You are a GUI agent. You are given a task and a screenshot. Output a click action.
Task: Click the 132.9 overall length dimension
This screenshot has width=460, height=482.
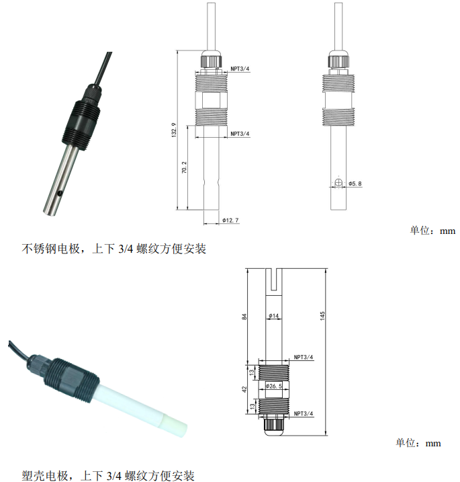pyautogui.click(x=174, y=130)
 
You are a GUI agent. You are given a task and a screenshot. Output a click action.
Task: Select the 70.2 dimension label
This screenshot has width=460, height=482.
pyautogui.click(x=184, y=167)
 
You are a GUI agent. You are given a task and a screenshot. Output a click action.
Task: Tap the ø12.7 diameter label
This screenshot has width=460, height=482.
pyautogui.click(x=230, y=220)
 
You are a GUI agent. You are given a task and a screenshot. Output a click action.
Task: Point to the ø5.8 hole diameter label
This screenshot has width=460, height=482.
pyautogui.click(x=355, y=184)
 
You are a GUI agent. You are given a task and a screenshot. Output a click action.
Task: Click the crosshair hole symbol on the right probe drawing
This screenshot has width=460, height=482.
pyautogui.click(x=338, y=183)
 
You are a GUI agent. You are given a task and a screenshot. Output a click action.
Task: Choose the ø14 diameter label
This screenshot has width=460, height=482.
pyautogui.click(x=273, y=316)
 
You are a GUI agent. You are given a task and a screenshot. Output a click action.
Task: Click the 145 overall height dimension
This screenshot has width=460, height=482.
pyautogui.click(x=322, y=316)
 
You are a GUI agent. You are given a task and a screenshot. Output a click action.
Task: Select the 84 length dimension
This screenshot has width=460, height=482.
pyautogui.click(x=244, y=317)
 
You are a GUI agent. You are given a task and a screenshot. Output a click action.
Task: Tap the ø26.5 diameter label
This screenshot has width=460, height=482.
pyautogui.click(x=273, y=386)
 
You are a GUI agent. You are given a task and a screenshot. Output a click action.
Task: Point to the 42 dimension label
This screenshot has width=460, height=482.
pyautogui.click(x=244, y=389)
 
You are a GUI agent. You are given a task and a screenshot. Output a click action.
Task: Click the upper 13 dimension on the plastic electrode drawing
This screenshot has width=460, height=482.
pyautogui.click(x=252, y=372)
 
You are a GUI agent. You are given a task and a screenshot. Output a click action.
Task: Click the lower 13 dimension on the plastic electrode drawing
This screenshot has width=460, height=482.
pyautogui.click(x=252, y=406)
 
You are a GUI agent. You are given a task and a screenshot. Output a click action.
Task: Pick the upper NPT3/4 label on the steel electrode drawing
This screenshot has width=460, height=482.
pyautogui.click(x=240, y=69)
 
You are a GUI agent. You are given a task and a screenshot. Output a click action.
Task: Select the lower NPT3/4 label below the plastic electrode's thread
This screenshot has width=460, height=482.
pyautogui.click(x=304, y=413)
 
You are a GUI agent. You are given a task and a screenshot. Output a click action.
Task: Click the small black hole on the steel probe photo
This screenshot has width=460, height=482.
pyautogui.click(x=60, y=194)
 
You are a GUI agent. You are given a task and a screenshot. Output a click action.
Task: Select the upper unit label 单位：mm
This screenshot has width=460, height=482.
pyautogui.click(x=432, y=230)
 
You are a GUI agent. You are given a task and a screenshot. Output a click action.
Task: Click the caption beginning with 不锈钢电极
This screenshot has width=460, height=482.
pyautogui.click(x=113, y=248)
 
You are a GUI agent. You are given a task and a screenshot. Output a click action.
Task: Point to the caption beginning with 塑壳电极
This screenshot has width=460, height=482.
pyautogui.click(x=108, y=475)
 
